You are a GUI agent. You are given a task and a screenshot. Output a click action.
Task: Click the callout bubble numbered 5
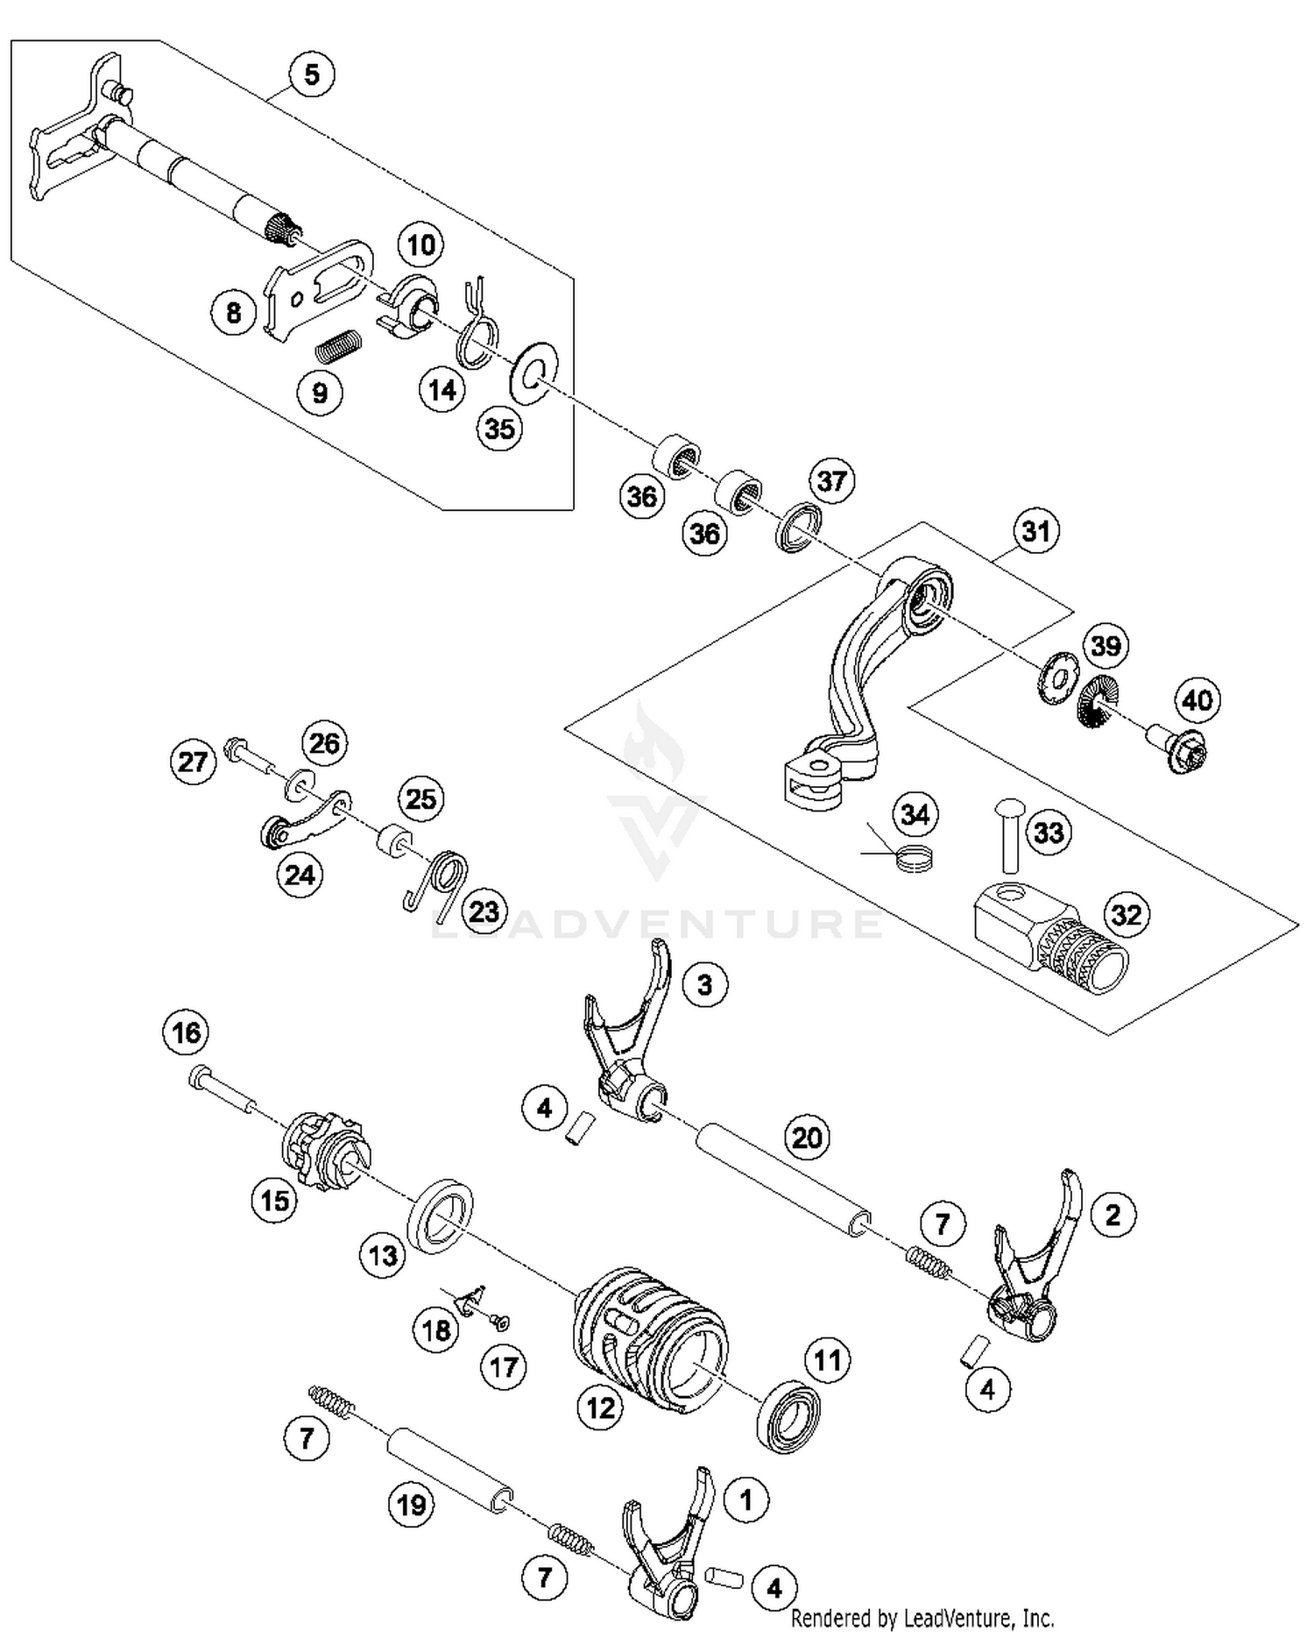coord(312,74)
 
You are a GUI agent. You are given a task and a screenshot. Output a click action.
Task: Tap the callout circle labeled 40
coord(1197,700)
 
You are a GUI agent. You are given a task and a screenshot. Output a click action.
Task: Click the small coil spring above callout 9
coord(337,344)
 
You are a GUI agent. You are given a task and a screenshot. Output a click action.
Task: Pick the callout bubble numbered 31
coord(1035,531)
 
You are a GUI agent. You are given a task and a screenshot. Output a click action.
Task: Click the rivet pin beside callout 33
coord(1008,833)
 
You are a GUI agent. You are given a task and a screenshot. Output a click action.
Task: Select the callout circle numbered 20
coord(806,1138)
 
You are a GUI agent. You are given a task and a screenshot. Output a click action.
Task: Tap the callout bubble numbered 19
coord(411,1505)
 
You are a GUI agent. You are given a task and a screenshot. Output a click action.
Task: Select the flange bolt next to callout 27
coord(247,755)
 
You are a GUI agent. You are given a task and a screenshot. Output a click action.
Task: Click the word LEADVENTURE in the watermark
coord(657,923)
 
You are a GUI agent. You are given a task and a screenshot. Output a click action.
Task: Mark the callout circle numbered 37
coord(831,481)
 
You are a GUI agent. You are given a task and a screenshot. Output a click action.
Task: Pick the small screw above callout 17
coord(503,1322)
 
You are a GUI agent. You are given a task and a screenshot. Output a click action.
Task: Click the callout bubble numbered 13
coord(383,1256)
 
